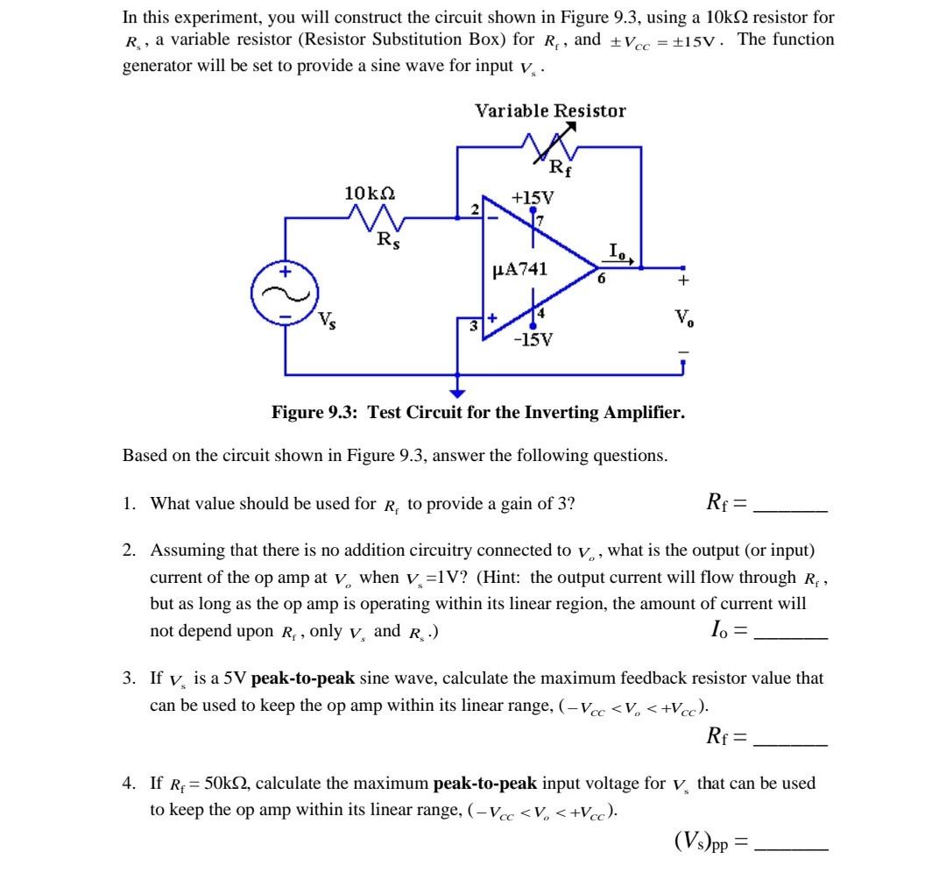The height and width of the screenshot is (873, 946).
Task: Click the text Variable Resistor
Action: (550, 110)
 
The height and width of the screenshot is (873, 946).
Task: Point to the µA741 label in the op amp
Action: (520, 268)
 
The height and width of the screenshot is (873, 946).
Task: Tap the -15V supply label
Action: (533, 338)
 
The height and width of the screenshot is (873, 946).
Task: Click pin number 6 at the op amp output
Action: (602, 280)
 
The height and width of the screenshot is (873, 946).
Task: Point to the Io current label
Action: (618, 252)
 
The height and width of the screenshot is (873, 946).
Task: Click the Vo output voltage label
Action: (683, 316)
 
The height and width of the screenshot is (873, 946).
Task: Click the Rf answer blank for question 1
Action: (790, 507)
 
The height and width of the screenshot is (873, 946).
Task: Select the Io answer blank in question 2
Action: (790, 633)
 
